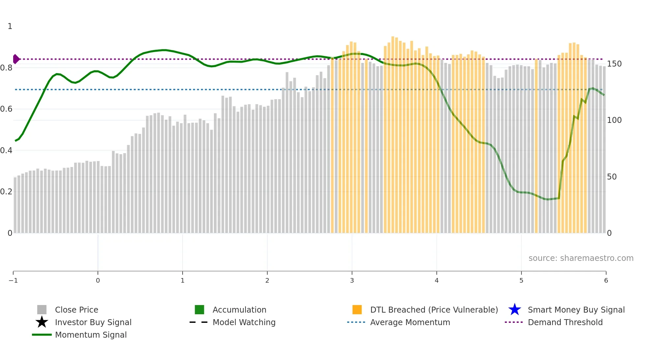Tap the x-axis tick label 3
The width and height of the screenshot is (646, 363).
coord(352,281)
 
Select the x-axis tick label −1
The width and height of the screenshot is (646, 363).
coord(13,281)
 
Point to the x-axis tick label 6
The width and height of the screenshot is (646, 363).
coord(606,281)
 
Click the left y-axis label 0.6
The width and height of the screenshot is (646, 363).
coord(6,109)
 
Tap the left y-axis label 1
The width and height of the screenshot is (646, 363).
coord(10,26)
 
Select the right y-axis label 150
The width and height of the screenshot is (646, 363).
coord(614,64)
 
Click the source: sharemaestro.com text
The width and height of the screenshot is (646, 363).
coord(581,258)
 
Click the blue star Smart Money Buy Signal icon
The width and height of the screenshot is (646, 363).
coord(514,310)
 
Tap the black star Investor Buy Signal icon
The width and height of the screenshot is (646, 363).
coord(42,322)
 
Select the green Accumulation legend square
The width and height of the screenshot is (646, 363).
coord(199,310)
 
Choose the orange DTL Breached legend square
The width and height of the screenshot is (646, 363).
coord(357,310)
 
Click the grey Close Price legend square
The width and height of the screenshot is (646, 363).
coord(42,310)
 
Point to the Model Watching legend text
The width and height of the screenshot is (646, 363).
coord(244,322)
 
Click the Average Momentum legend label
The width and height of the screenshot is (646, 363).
coord(410,322)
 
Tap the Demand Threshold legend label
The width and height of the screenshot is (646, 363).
coord(565,322)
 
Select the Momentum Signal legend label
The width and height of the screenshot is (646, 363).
coord(91,335)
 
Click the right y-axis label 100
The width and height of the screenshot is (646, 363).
coord(614,120)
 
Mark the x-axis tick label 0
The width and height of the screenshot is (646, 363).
coord(98,281)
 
